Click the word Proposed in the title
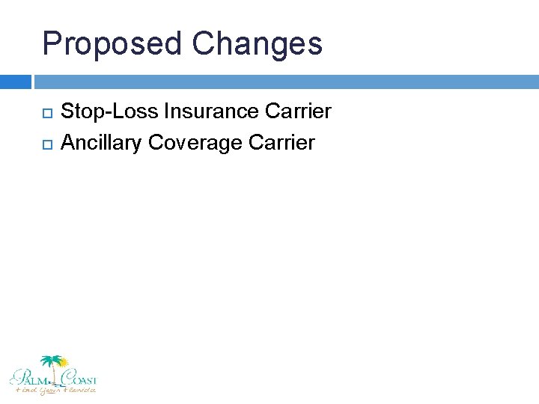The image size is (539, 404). pos(112,43)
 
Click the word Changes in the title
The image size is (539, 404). pos(257,43)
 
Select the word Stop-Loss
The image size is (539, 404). pos(109,111)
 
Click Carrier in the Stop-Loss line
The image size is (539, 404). pos(298,111)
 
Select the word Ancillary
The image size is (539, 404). pos(102,142)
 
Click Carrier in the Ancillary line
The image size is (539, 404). pos(281,142)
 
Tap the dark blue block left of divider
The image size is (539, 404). pos(15,81)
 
